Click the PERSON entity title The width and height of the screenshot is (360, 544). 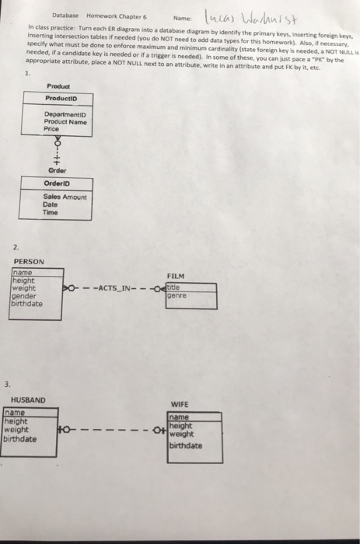(x=29, y=261)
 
